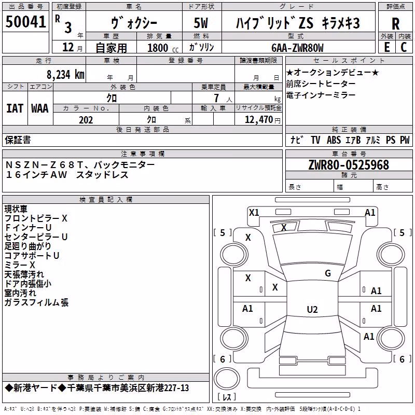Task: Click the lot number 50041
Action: (x=25, y=22)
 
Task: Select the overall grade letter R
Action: (x=395, y=23)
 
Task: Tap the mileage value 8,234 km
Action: (x=65, y=75)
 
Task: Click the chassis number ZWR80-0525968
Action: (x=349, y=165)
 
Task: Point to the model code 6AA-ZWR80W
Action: (x=297, y=48)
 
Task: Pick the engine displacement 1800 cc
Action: (x=163, y=48)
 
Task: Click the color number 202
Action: (x=86, y=120)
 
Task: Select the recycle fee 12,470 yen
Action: (x=262, y=120)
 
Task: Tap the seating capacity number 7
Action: (x=216, y=98)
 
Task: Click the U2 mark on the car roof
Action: (x=312, y=309)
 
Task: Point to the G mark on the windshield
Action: (x=328, y=273)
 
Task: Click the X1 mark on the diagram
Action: (x=254, y=213)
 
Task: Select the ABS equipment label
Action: (x=334, y=140)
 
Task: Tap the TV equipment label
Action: (x=315, y=140)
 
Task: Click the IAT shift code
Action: (x=15, y=108)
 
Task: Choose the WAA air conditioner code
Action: (x=40, y=108)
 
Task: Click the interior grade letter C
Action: (x=404, y=47)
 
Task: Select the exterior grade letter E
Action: (x=387, y=47)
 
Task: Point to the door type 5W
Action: (x=201, y=23)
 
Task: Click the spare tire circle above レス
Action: (x=227, y=378)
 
